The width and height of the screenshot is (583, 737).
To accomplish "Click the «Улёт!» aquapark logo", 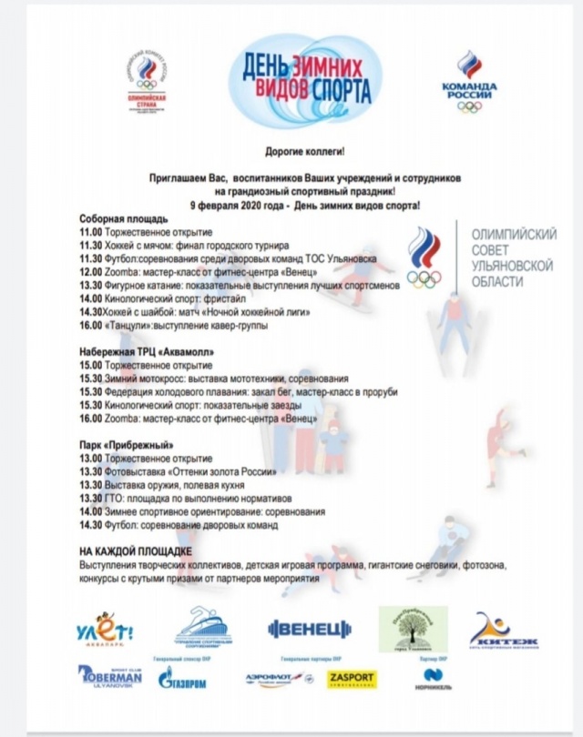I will tap(105, 630).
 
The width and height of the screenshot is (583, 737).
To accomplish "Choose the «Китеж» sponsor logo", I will tap(503, 631).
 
